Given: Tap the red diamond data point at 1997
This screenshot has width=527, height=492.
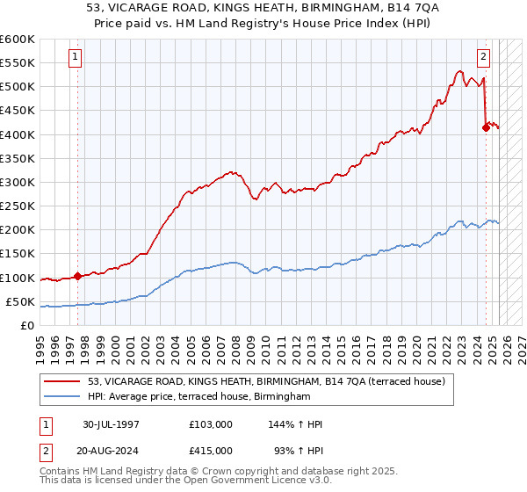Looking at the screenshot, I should tap(77, 276).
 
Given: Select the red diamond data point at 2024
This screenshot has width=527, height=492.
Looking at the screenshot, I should tap(486, 127).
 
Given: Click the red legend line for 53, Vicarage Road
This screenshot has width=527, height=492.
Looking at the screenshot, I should tap(64, 382).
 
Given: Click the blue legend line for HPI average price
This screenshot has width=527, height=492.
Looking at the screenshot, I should tap(64, 397).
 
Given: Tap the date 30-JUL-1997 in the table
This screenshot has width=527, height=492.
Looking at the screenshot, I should tap(111, 424).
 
